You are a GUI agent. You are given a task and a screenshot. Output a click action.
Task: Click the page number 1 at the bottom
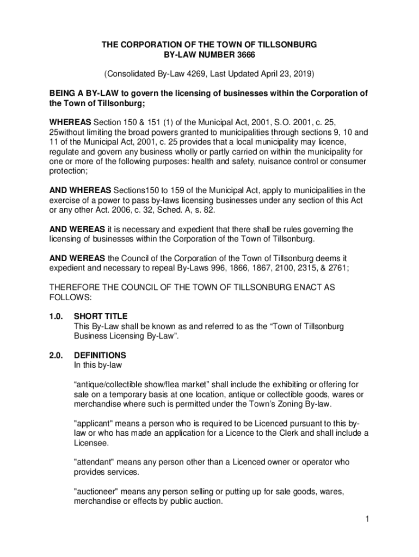367,519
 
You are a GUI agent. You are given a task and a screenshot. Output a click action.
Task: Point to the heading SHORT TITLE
101,316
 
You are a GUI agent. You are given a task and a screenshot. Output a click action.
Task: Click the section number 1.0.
57,316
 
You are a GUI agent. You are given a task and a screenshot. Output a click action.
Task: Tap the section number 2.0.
57,355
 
